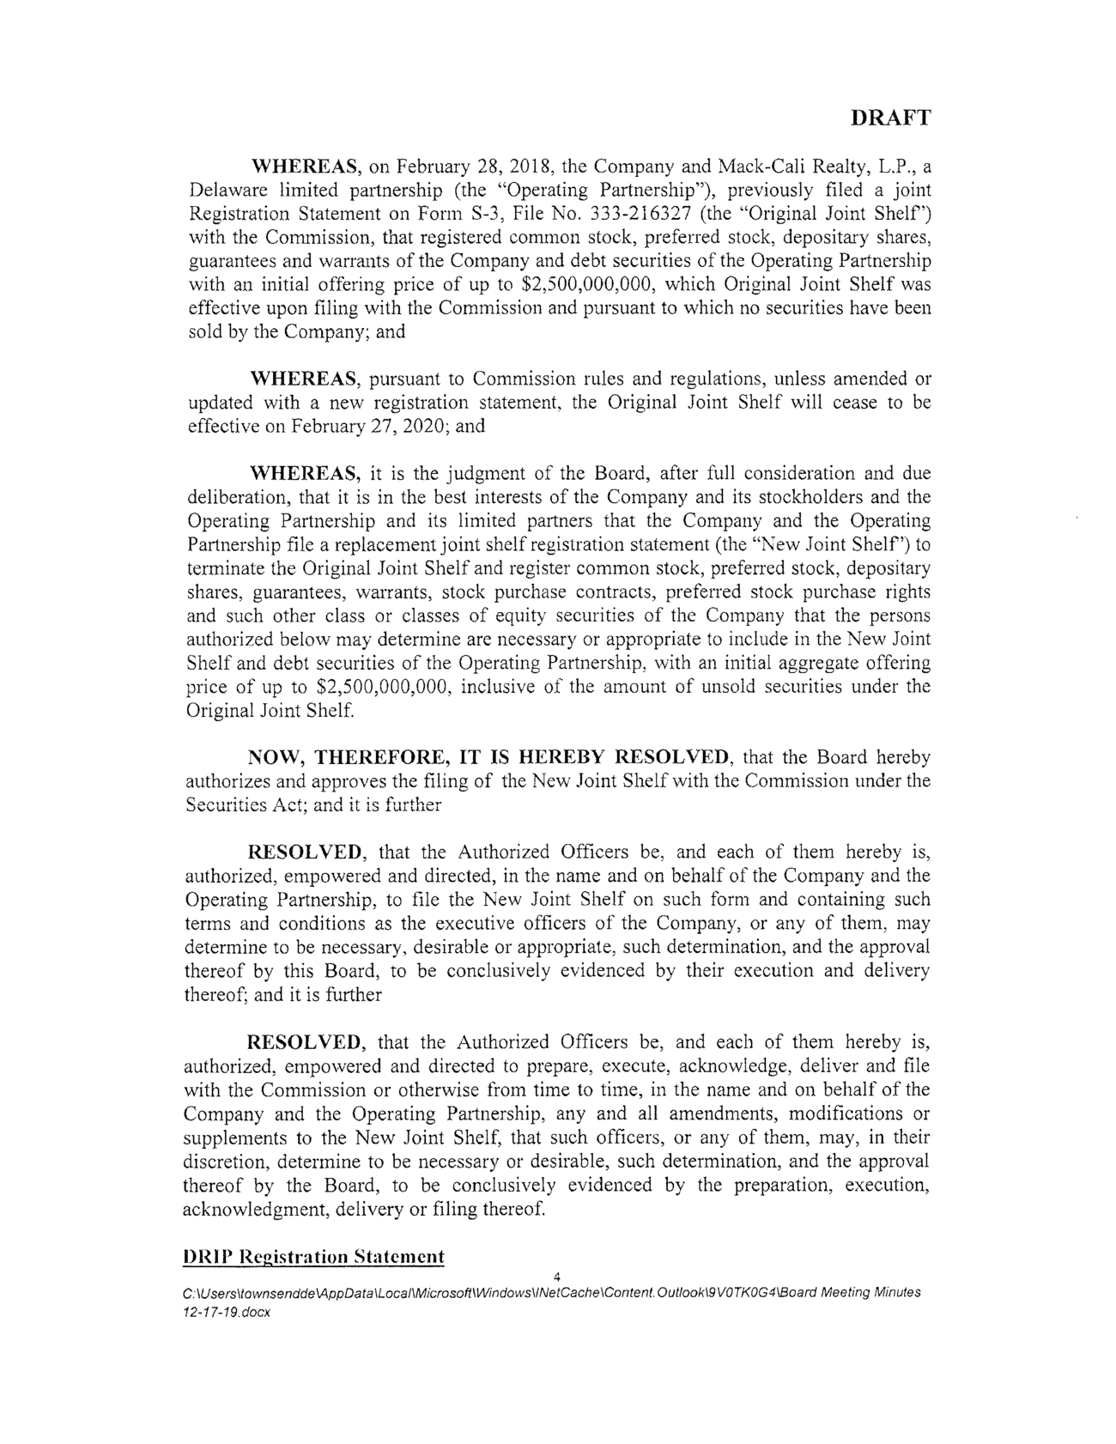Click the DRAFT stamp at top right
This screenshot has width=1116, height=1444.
click(890, 118)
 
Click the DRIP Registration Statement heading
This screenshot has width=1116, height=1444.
click(315, 1257)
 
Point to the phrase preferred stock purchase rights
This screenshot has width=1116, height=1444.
click(801, 592)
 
